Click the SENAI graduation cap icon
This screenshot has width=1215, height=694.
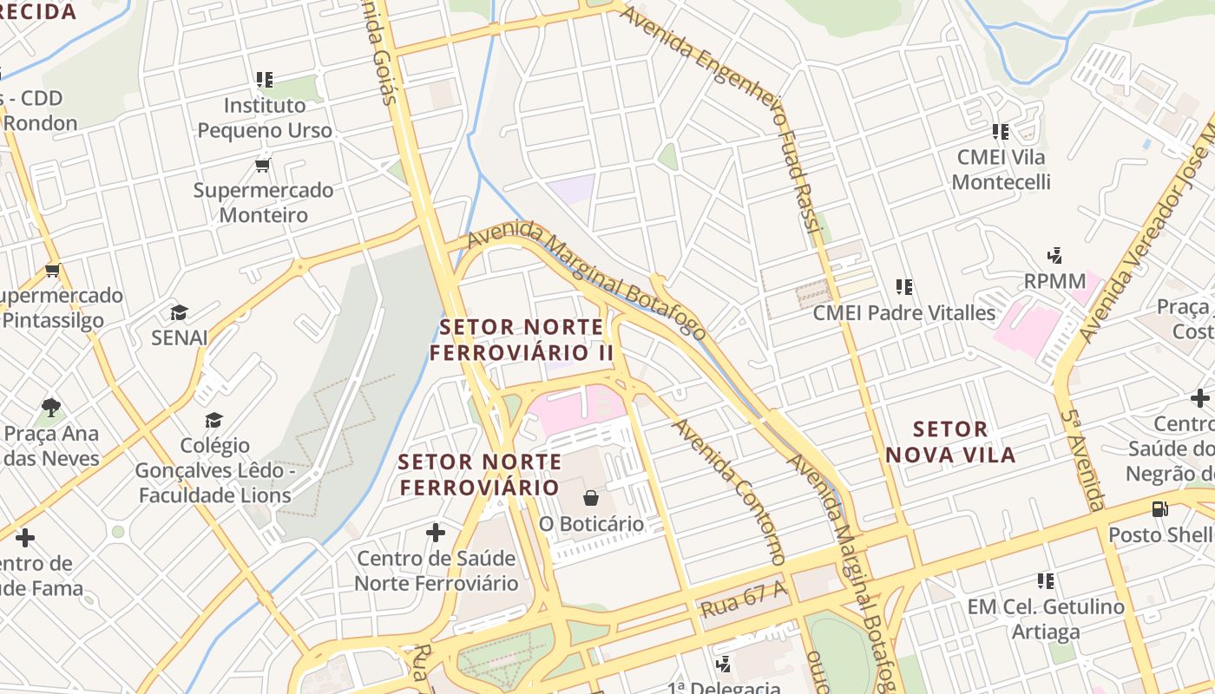[179, 312]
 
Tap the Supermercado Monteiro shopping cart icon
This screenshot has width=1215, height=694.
[263, 165]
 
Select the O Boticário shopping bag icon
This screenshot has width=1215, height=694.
[591, 498]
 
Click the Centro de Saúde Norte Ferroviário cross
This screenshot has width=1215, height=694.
[436, 532]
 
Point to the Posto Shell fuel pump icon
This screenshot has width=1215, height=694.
[1159, 509]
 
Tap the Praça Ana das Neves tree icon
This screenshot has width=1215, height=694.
[51, 407]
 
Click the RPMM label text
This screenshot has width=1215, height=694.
[1054, 281]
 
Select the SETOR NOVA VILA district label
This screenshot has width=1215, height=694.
[950, 442]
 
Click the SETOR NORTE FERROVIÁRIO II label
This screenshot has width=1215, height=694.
[522, 340]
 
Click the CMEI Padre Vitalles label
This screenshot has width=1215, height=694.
[903, 312]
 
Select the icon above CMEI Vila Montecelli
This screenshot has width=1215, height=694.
[1001, 132]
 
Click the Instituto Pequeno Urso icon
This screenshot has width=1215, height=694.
[265, 80]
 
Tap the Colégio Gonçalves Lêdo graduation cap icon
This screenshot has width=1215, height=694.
[213, 421]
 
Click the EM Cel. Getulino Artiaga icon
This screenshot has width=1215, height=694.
[1046, 580]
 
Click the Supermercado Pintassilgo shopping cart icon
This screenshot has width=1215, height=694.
[53, 270]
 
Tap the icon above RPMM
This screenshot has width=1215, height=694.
[1055, 256]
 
